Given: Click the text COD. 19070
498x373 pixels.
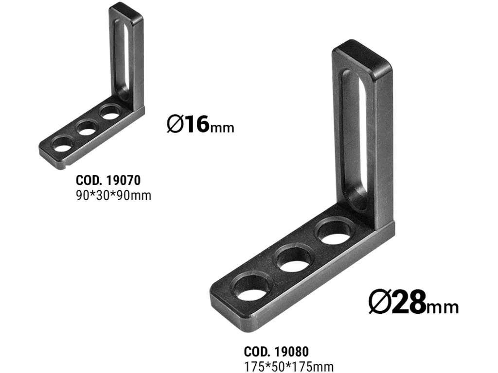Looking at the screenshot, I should tap(108, 180).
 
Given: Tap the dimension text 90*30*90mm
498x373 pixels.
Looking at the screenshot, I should tap(113, 196).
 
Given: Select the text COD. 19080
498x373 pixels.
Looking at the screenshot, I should tap(276, 351).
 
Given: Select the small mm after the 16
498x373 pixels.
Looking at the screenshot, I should tap(222, 128).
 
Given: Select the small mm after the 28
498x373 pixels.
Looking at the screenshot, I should tap(443, 307).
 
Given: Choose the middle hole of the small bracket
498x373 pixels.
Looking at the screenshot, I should tap(87, 129).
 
